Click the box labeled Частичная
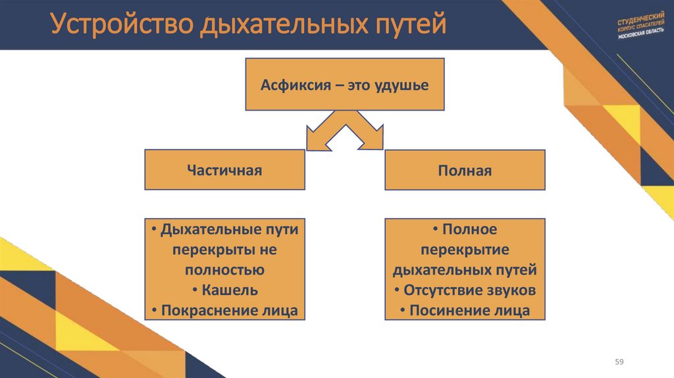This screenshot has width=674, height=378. point(224,171)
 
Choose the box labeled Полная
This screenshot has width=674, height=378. point(465,171)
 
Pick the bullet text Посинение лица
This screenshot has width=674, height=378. point(469,310)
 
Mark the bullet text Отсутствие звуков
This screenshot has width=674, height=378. point(469,290)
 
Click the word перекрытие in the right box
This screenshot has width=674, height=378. point(465,250)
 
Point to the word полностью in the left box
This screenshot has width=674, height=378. point(224,270)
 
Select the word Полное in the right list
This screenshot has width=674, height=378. point(469,229)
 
